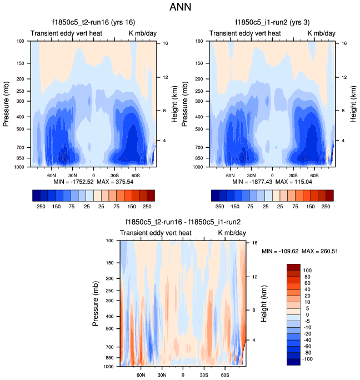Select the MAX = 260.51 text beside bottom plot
point(321,251)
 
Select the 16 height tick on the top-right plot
point(344,43)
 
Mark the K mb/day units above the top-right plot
point(322,33)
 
